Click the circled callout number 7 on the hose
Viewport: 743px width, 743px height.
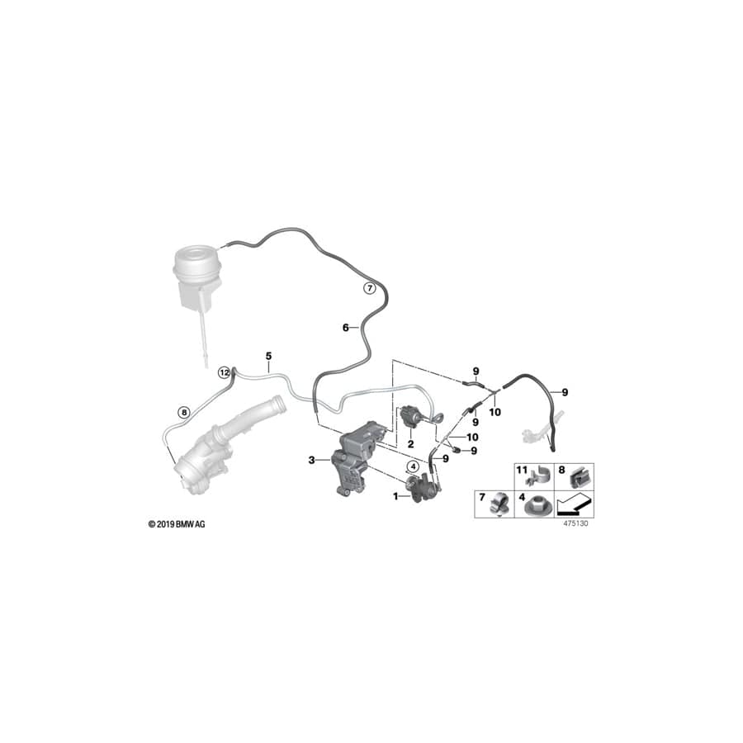click(371, 288)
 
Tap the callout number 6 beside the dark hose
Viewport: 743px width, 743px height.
click(346, 328)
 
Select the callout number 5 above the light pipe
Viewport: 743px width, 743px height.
click(268, 356)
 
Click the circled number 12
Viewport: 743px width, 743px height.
click(224, 372)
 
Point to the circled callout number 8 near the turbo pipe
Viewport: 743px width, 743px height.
click(184, 410)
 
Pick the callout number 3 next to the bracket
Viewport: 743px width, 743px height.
click(312, 460)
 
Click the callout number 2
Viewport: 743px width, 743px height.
click(410, 443)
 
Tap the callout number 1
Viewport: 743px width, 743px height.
click(395, 496)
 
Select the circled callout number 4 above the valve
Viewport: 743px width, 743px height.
click(411, 466)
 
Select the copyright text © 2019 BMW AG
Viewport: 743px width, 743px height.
click(176, 524)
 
